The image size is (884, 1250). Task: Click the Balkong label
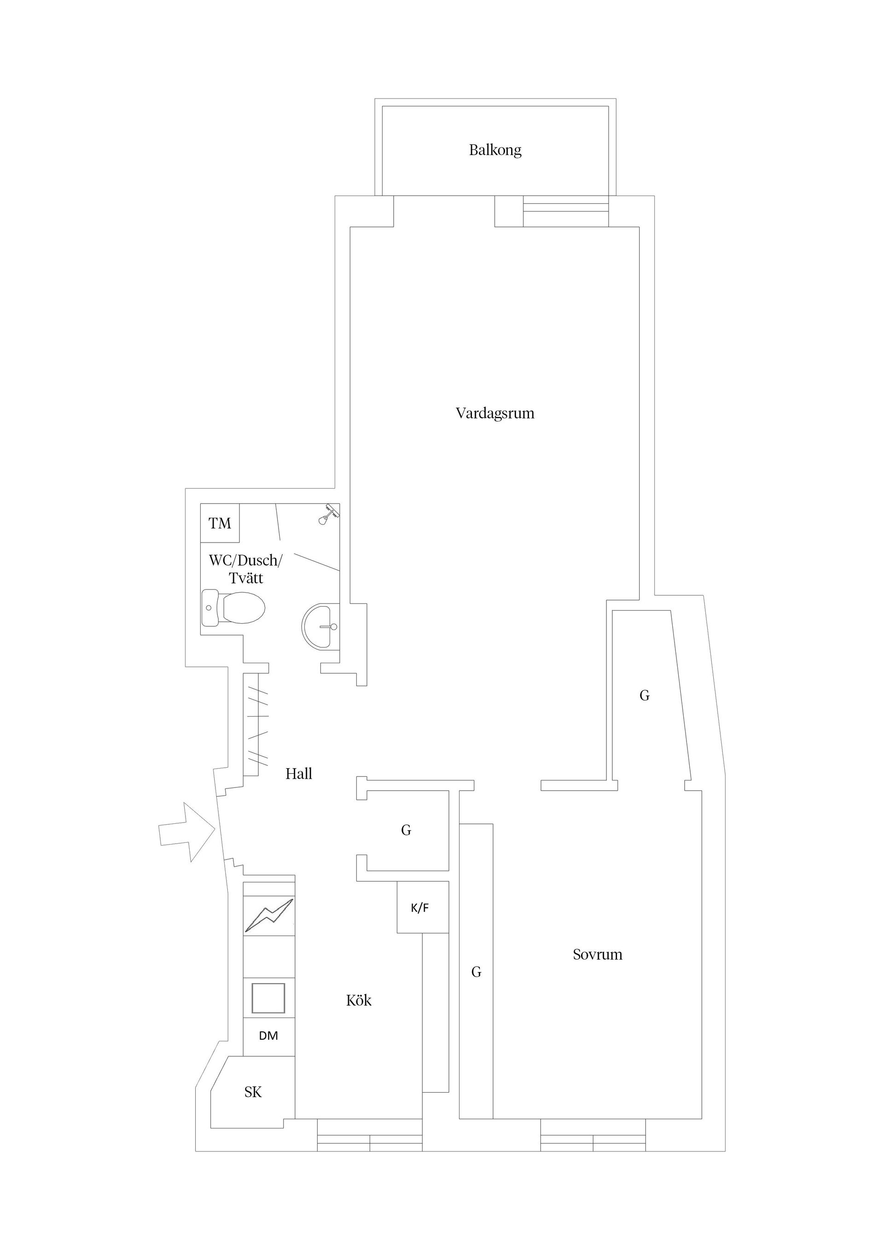click(x=495, y=150)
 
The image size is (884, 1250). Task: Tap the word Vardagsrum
click(x=494, y=413)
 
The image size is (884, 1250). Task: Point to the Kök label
click(x=358, y=1000)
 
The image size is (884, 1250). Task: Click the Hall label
click(x=298, y=774)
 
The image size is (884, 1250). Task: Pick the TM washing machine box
click(x=220, y=523)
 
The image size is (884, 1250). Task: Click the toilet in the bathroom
click(x=234, y=608)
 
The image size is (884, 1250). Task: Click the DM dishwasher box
click(x=268, y=1036)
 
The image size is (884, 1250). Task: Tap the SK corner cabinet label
click(x=253, y=1092)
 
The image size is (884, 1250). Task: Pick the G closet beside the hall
click(x=406, y=830)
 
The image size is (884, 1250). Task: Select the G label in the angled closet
click(x=644, y=695)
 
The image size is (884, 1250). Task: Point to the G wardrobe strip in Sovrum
click(x=476, y=972)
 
